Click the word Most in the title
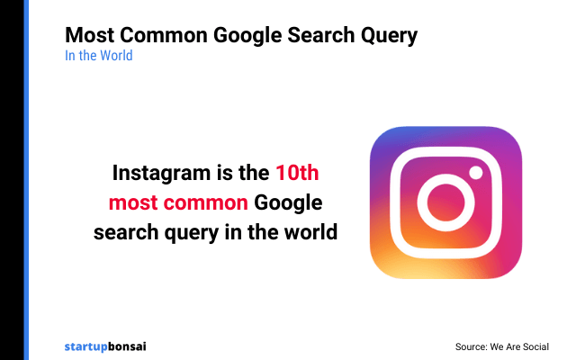(x=87, y=36)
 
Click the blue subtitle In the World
(x=98, y=56)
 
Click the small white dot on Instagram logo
(x=477, y=171)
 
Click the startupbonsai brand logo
(x=106, y=346)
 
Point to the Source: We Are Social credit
(x=502, y=346)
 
